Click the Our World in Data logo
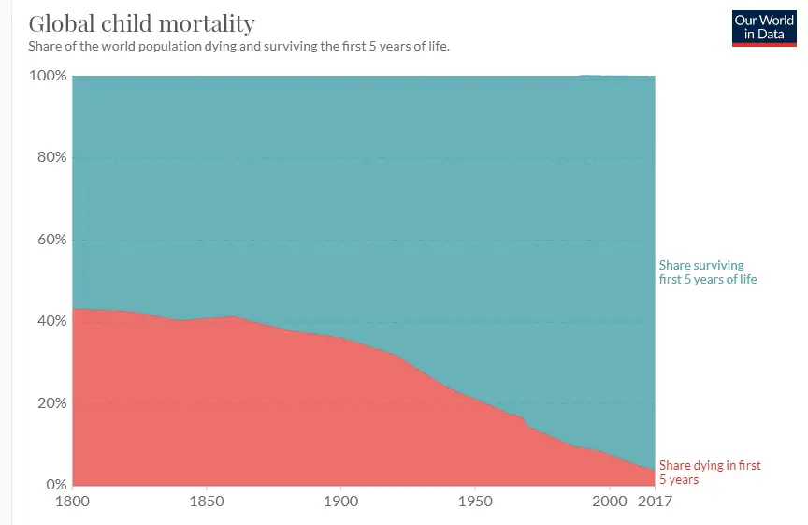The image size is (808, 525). coord(763,27)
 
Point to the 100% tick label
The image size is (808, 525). coord(47,75)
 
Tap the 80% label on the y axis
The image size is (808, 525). coord(50,157)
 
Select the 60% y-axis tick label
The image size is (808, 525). coord(50,240)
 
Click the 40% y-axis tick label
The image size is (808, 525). coord(50,321)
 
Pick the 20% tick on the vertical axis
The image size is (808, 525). coord(50,403)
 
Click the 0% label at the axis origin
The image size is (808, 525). coord(54,485)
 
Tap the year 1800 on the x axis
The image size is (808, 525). coord(73,502)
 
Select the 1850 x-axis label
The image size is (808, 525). coord(207,502)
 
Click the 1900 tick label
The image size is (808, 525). coord(340,502)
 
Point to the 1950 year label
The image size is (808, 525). coord(474,502)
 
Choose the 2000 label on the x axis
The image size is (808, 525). coord(609,502)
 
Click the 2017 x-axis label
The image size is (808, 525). coord(654,502)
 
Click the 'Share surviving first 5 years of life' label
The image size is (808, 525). coord(708,272)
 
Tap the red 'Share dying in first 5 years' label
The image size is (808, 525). coord(710,473)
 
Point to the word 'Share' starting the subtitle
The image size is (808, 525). coord(44,45)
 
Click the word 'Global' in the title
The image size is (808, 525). coord(60,22)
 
